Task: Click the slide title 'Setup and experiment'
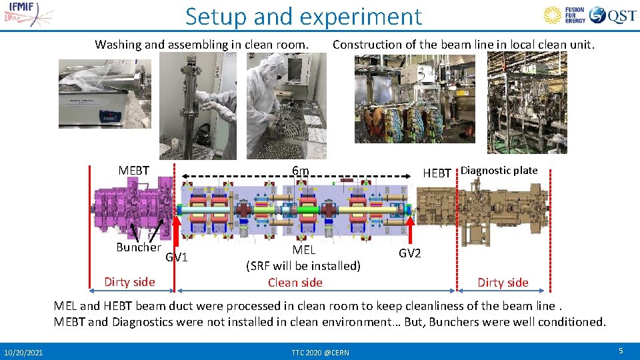point(303,16)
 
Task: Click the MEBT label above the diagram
point(133,171)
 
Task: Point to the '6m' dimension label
point(300,171)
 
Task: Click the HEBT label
point(437,173)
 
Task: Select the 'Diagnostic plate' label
point(499,170)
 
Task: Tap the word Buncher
point(138,247)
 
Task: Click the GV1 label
point(177,257)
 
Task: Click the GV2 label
point(409,253)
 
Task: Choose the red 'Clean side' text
point(295,282)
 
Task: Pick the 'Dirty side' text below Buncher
point(129,281)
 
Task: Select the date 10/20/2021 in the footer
point(23,351)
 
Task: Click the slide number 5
point(620,351)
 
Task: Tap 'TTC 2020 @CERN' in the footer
point(319,351)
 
